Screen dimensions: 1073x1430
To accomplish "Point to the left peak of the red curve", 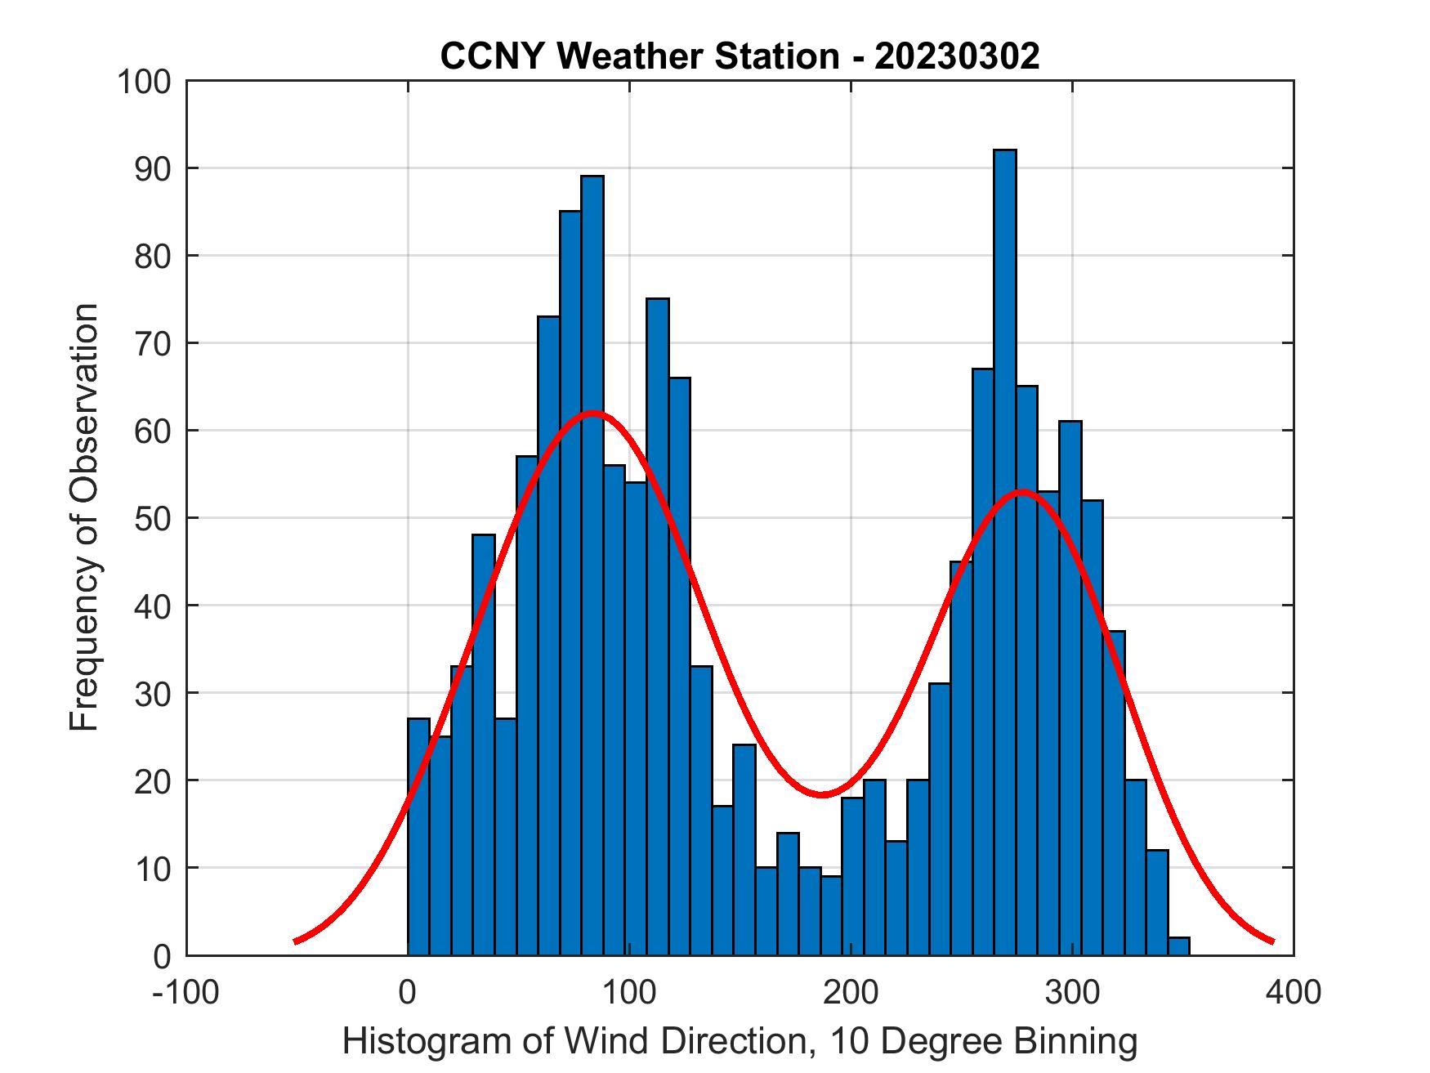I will point(593,413).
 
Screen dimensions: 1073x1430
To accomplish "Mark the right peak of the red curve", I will point(1022,491).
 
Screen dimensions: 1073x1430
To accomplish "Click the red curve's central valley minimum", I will point(822,794).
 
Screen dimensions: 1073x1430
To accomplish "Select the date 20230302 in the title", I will point(957,56).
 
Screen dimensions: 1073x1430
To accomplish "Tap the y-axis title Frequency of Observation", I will point(84,516).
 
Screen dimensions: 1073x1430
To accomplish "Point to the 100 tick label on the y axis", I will point(144,82).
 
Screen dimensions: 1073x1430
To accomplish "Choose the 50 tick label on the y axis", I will point(152,519).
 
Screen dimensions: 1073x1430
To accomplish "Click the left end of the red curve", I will point(295,941).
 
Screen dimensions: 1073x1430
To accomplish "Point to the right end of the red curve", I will point(1272,941).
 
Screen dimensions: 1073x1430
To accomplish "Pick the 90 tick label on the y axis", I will point(152,169).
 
